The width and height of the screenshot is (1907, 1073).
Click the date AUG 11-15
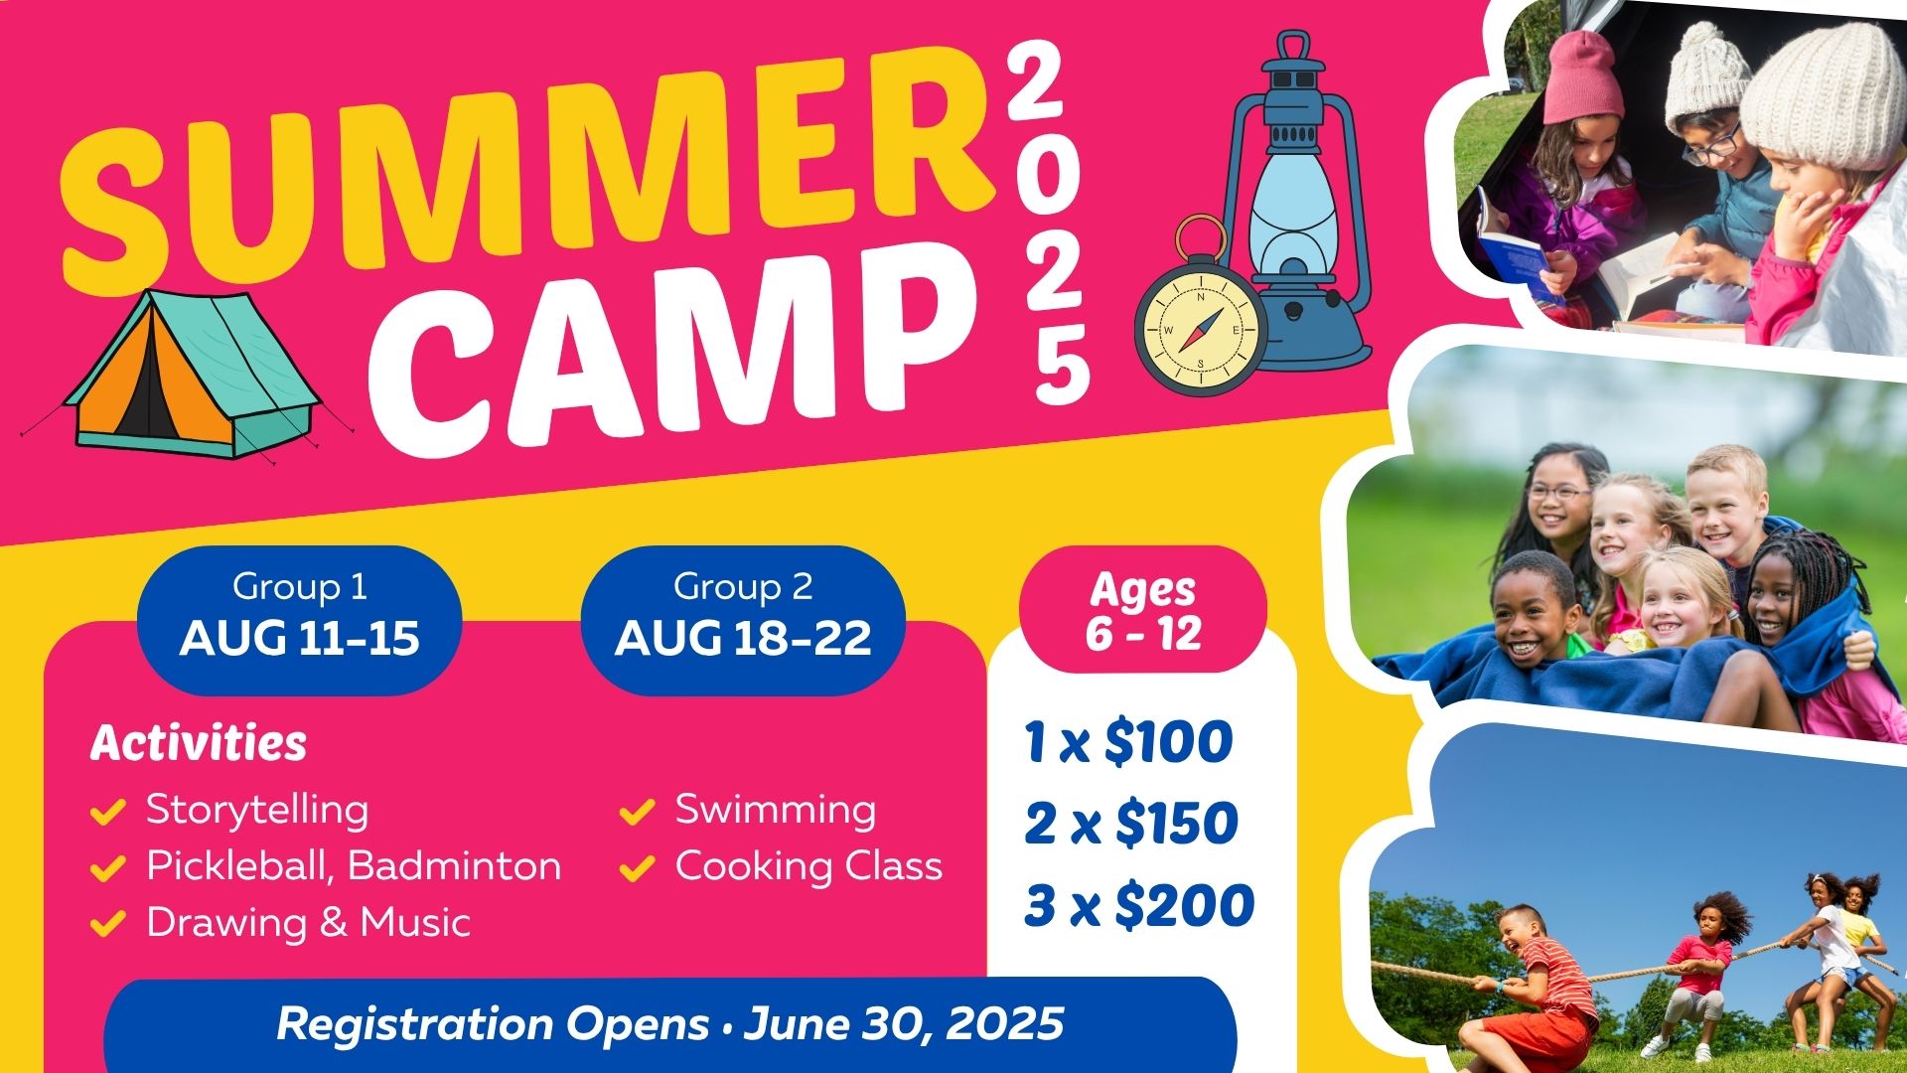pyautogui.click(x=299, y=638)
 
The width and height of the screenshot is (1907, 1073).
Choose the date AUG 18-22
pyautogui.click(x=742, y=638)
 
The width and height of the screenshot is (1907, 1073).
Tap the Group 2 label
pyautogui.click(x=742, y=586)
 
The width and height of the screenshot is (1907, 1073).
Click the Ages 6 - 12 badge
pyautogui.click(x=1143, y=610)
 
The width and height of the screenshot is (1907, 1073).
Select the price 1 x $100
pyautogui.click(x=1128, y=742)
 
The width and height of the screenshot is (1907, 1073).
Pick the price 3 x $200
pyautogui.click(x=1139, y=905)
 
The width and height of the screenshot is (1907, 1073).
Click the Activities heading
pyautogui.click(x=199, y=742)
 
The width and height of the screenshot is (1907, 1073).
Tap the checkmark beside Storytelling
pyautogui.click(x=107, y=812)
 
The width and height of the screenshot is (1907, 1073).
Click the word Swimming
pyautogui.click(x=776, y=809)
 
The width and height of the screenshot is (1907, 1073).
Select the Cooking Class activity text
pyautogui.click(x=808, y=866)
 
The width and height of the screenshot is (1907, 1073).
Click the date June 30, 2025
pyautogui.click(x=903, y=1023)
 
